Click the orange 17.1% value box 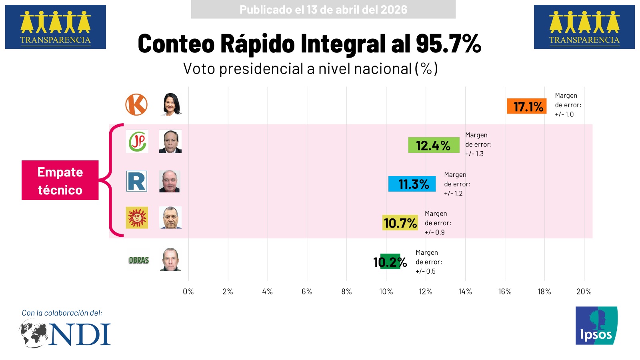pyautogui.click(x=526, y=106)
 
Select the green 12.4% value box pyautogui.click(x=433, y=145)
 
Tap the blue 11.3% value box pyautogui.click(x=412, y=184)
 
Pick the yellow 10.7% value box pyautogui.click(x=400, y=223)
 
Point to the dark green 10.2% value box pyautogui.click(x=390, y=262)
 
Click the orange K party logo pyautogui.click(x=136, y=105)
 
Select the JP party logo pyautogui.click(x=137, y=142)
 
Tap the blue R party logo pyautogui.click(x=137, y=181)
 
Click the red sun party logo pyautogui.click(x=137, y=218)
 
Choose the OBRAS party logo pyautogui.click(x=139, y=260)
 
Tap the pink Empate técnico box pyautogui.click(x=60, y=180)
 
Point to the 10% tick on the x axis pyautogui.click(x=386, y=292)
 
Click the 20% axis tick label pyautogui.click(x=584, y=292)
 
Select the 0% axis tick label pyautogui.click(x=188, y=292)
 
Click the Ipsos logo pyautogui.click(x=596, y=326)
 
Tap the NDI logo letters pyautogui.click(x=80, y=334)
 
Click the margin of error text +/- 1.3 pyautogui.click(x=474, y=154)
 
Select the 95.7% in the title pyautogui.click(x=448, y=43)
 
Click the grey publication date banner pyautogui.click(x=323, y=10)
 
